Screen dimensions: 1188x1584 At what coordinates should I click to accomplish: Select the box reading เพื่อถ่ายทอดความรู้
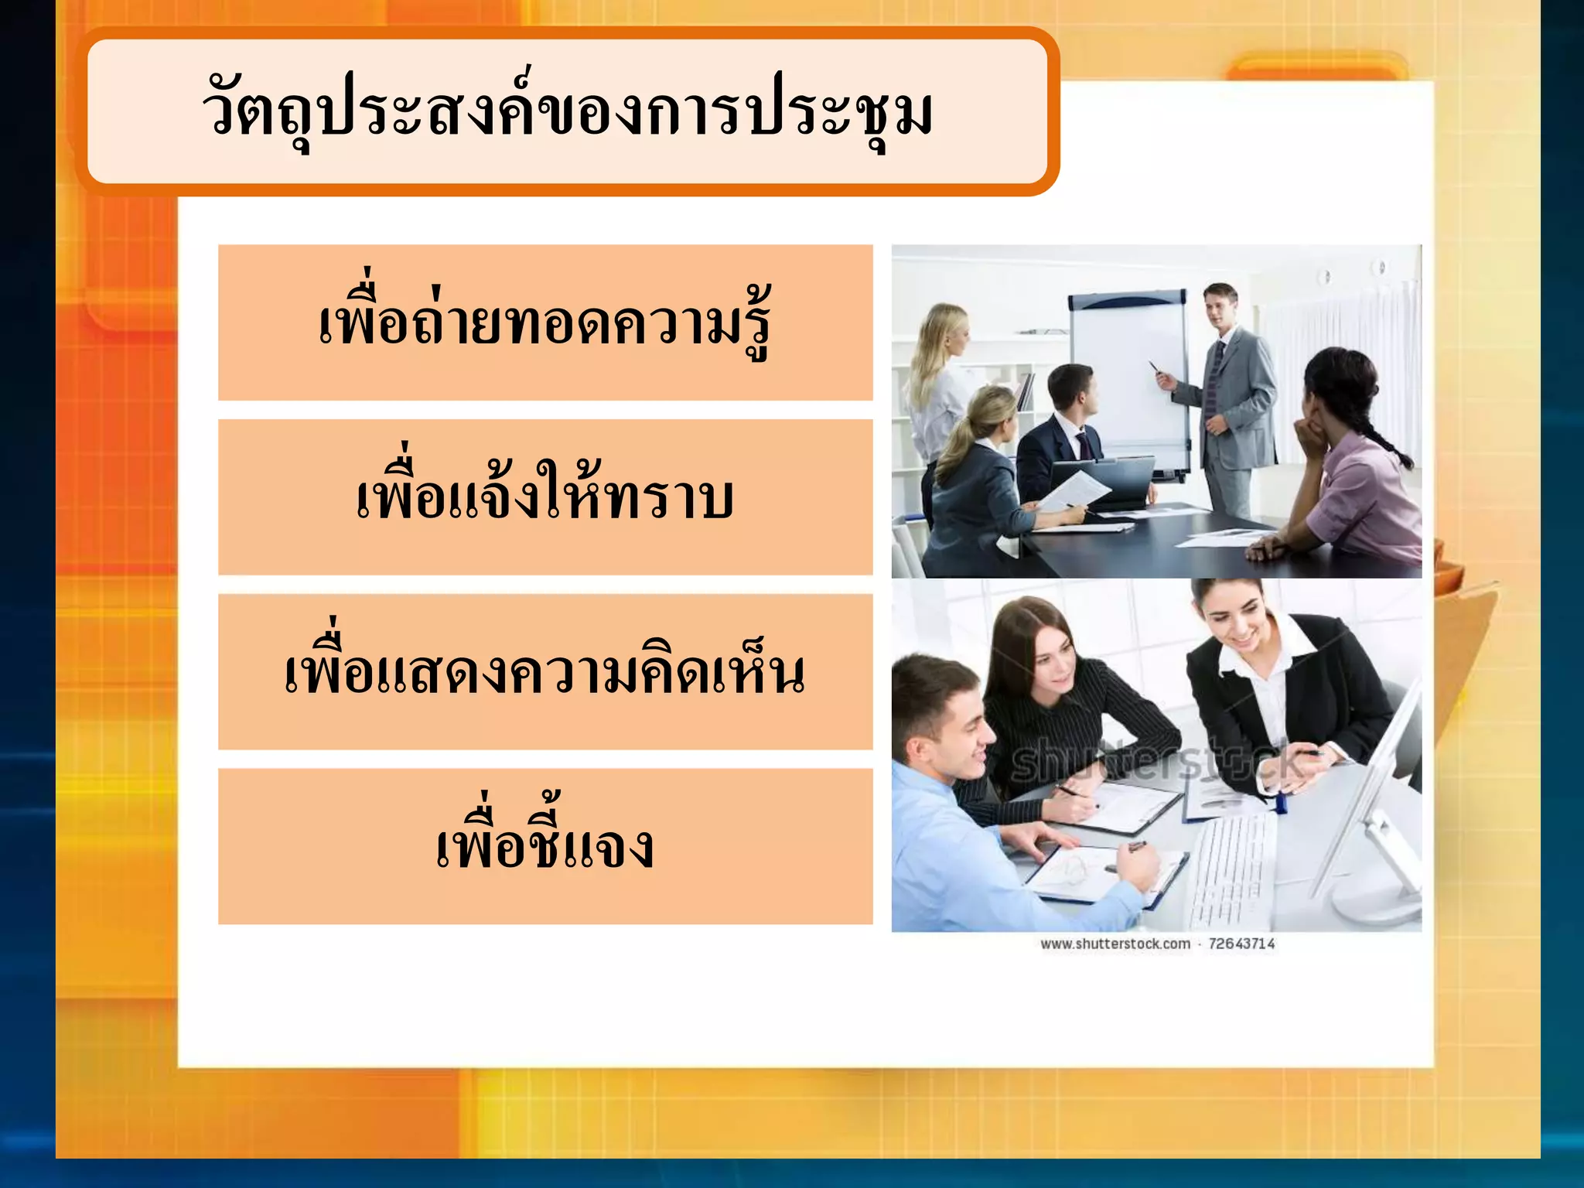(545, 323)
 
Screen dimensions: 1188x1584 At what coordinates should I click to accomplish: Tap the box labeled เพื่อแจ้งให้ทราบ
(545, 497)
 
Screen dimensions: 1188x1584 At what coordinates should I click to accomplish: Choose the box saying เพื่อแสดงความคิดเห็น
(545, 671)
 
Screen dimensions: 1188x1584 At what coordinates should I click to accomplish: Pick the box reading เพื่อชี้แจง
(545, 846)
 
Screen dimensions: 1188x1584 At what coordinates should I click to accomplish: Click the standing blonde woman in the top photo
(940, 379)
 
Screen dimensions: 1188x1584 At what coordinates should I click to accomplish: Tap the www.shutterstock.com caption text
(1115, 944)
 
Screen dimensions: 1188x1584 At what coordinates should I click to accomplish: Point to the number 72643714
(1241, 944)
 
